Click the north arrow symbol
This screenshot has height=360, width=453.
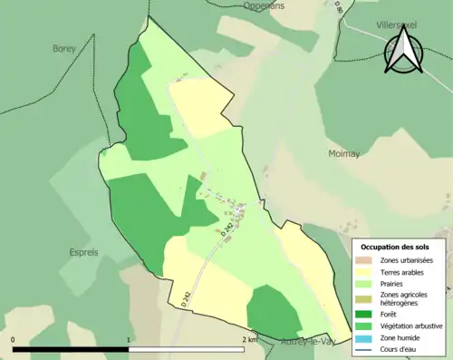(400, 49)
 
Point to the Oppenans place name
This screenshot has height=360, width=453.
(264, 5)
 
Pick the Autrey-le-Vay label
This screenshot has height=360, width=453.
(309, 342)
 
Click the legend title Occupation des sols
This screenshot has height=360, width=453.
(395, 246)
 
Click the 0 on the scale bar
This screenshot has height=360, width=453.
(14, 340)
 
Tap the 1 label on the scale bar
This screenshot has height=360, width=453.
(129, 340)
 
